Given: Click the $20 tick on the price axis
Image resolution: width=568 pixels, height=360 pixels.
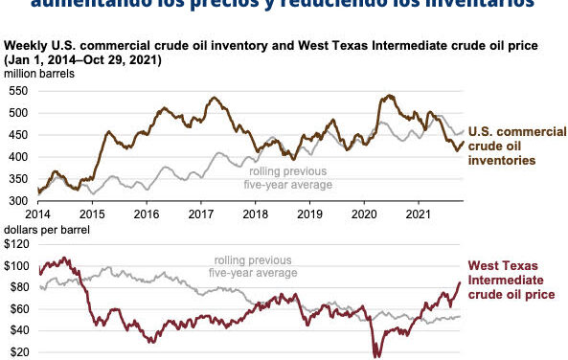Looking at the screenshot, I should [x=18, y=352].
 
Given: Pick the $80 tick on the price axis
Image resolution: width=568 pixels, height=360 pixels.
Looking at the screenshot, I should [x=18, y=286].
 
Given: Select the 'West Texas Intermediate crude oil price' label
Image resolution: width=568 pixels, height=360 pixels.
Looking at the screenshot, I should [x=514, y=279].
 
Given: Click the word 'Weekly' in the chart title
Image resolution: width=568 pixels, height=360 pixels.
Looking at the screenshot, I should [x=24, y=46].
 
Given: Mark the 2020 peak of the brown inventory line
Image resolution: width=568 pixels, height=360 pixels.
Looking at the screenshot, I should [x=389, y=95].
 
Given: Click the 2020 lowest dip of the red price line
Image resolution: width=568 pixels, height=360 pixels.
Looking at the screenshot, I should [x=376, y=355].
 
